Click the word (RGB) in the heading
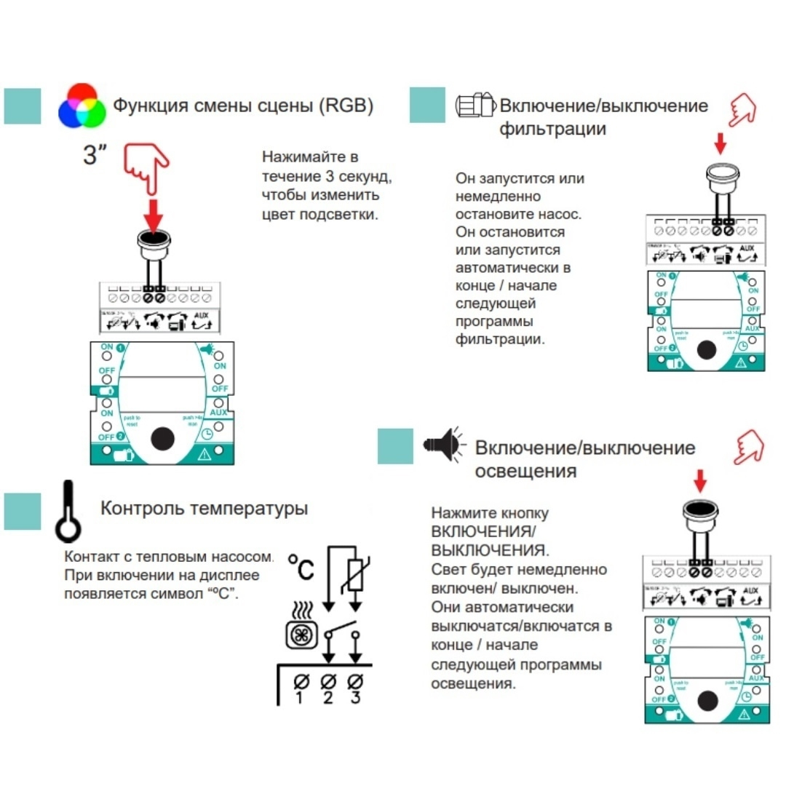pos(346,106)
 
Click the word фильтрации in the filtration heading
pos(552,129)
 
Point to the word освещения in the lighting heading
pos(525,471)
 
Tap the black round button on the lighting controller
pos(706,701)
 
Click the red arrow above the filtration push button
pos(720,143)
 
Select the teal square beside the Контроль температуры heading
pos(23,511)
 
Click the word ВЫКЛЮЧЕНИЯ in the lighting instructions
pos(489,549)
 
